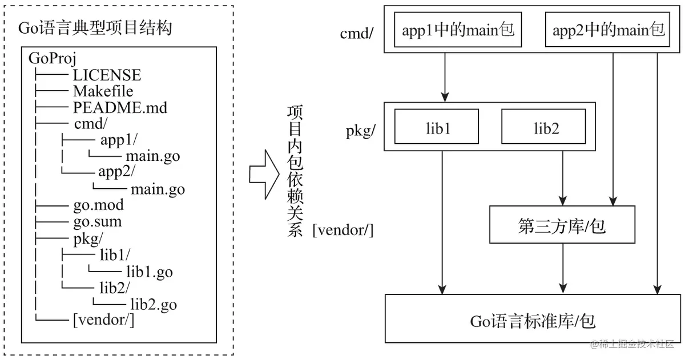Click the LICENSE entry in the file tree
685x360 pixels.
click(x=107, y=75)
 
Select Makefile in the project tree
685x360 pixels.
click(x=103, y=91)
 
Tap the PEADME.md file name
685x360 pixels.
click(x=120, y=108)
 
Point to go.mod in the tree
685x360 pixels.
click(x=98, y=205)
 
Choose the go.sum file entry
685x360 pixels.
click(x=98, y=221)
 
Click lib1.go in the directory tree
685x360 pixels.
click(x=150, y=272)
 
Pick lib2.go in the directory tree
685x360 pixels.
click(x=154, y=305)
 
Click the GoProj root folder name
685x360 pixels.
click(x=53, y=58)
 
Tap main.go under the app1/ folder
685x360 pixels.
click(x=153, y=156)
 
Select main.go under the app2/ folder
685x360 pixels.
click(x=158, y=189)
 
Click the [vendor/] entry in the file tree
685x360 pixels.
click(x=104, y=320)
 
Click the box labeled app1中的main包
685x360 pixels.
click(x=458, y=30)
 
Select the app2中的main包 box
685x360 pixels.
click(x=607, y=30)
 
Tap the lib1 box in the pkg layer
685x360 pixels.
click(x=437, y=127)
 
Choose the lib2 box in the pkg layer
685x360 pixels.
click(x=543, y=127)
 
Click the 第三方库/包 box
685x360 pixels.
click(x=562, y=225)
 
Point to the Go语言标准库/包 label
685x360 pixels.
click(x=533, y=322)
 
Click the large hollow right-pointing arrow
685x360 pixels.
click(x=264, y=175)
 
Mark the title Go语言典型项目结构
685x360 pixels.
click(x=95, y=28)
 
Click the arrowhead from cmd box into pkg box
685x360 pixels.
click(x=445, y=96)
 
